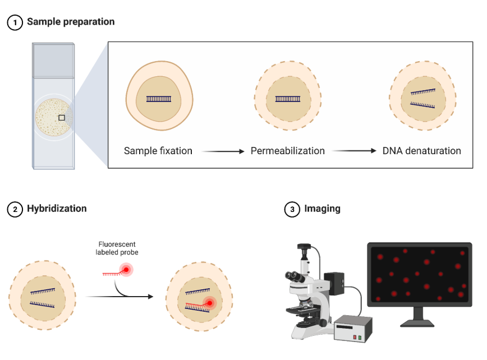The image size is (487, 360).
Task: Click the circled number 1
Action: (15, 22)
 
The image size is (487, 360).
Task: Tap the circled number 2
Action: (15, 210)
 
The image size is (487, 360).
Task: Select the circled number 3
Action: (292, 210)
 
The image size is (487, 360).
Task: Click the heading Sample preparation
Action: (71, 22)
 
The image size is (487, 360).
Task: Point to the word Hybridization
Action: (57, 209)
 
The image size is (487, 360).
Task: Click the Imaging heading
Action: (323, 209)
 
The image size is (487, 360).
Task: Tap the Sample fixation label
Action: (158, 151)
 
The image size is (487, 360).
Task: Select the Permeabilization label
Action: (288, 151)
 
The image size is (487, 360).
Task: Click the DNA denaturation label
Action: (422, 151)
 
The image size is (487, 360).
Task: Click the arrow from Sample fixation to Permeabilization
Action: (223, 151)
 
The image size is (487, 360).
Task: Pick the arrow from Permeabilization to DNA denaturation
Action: (355, 151)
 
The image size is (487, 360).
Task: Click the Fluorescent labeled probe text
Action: (117, 248)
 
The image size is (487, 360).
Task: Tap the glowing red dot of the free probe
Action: (126, 270)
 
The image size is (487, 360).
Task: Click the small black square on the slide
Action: (62, 118)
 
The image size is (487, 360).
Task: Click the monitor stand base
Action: (417, 324)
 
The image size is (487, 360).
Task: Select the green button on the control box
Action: (360, 338)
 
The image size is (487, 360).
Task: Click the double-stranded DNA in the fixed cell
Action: (159, 99)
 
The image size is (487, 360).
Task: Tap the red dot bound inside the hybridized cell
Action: (210, 303)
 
